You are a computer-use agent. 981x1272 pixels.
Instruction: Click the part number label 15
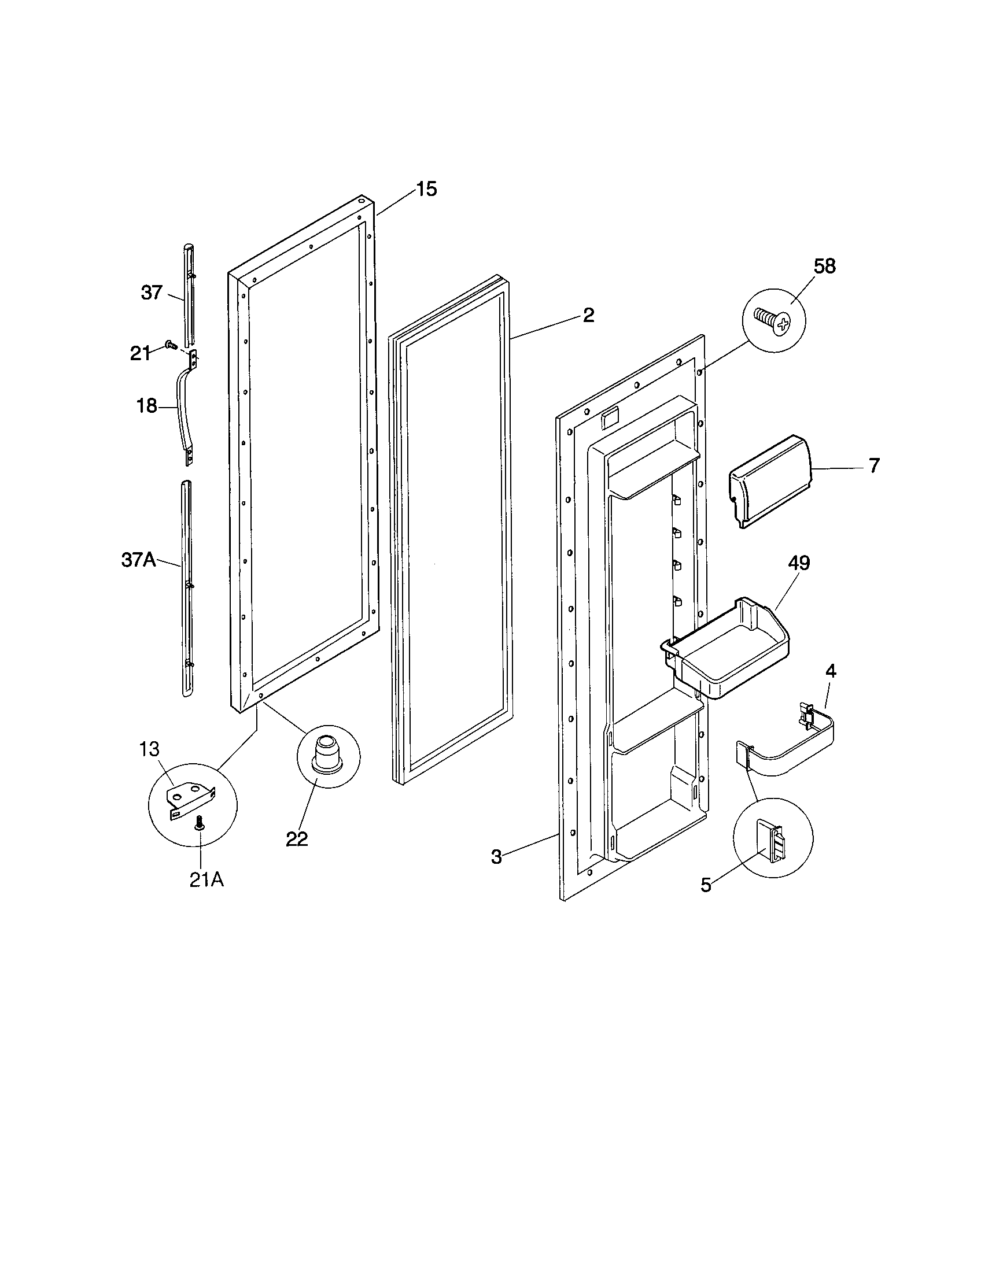coord(426,189)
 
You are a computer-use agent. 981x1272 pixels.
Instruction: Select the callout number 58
coord(824,266)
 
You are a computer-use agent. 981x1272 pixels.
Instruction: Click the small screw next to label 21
coord(171,346)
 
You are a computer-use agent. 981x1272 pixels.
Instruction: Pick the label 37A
coord(138,560)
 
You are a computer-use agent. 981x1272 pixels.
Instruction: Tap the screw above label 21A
coord(200,823)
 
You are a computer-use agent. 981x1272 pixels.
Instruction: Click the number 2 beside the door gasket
coord(588,315)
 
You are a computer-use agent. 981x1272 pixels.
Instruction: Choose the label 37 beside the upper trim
coord(152,293)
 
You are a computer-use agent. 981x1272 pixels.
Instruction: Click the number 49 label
coord(799,563)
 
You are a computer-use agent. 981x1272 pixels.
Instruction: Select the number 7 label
coord(874,466)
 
